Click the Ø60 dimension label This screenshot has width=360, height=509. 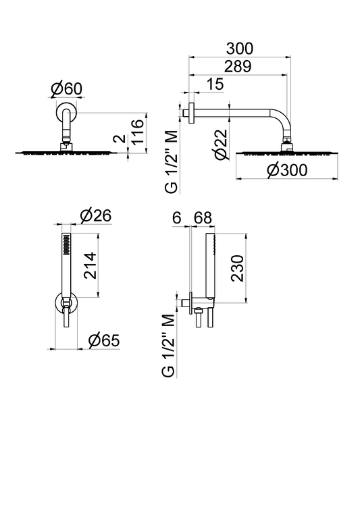67,89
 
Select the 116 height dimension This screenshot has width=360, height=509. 137,132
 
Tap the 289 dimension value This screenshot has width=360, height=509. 238,67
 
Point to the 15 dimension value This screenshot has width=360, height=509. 215,84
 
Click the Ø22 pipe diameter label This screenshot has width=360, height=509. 222,144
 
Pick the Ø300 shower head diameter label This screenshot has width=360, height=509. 287,170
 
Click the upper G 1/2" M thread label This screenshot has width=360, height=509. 172,161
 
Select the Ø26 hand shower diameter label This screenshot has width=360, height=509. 95,215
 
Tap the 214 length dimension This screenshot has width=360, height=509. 91,265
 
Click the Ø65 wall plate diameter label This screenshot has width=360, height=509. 104,340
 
